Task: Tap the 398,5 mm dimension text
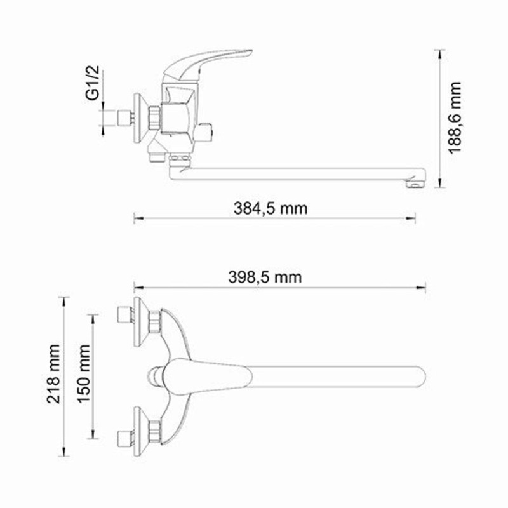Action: point(264,277)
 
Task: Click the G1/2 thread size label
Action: point(93,84)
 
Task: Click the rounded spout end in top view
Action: point(416,377)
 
